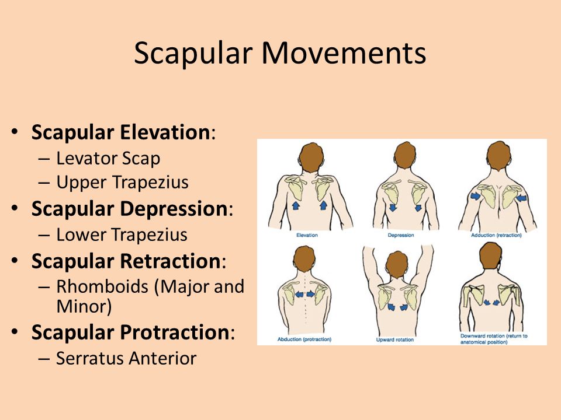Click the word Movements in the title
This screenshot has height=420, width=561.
tap(344, 53)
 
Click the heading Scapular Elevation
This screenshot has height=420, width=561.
tap(120, 132)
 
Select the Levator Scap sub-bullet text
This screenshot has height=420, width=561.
tap(108, 158)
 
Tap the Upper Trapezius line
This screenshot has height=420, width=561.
tap(122, 182)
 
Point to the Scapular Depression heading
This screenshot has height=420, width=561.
tap(130, 209)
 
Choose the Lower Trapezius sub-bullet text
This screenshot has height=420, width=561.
tap(122, 235)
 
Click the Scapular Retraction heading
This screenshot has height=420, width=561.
tap(126, 261)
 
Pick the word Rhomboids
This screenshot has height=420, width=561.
tap(102, 286)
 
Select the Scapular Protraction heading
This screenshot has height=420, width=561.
tap(130, 332)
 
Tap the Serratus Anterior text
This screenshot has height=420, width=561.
tap(126, 358)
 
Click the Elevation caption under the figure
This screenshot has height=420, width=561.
tap(307, 235)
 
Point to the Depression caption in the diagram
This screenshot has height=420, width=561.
tap(401, 235)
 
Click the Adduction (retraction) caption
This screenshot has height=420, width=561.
tap(496, 235)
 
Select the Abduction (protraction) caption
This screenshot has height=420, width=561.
tap(304, 339)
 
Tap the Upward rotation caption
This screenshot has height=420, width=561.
tap(395, 339)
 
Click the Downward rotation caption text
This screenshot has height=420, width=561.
tap(494, 339)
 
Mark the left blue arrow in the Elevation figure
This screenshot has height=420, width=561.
tap(296, 205)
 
